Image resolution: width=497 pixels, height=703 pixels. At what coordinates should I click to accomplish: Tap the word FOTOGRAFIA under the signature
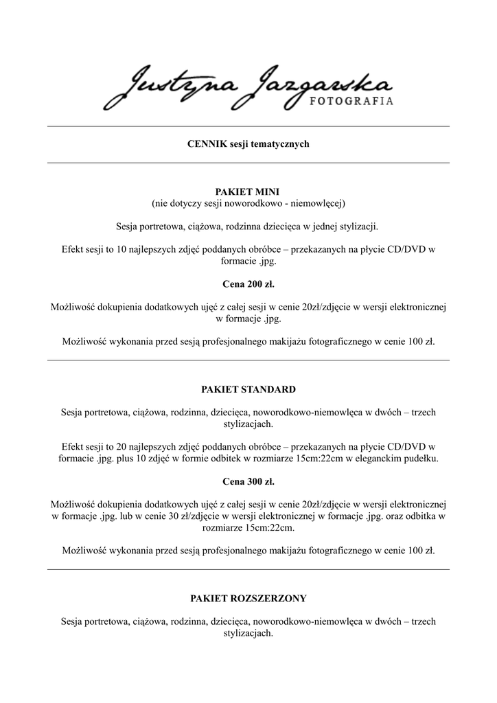[x=353, y=100]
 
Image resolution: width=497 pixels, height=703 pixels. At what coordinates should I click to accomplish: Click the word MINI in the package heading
[x=264, y=192]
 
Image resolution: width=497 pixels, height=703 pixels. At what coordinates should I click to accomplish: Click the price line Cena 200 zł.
[x=248, y=283]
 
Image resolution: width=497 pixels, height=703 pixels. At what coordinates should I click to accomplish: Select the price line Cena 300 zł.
[x=248, y=483]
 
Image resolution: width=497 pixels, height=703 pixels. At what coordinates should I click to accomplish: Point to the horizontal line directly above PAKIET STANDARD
[x=248, y=360]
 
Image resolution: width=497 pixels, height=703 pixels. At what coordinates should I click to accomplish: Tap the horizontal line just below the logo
[x=248, y=126]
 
